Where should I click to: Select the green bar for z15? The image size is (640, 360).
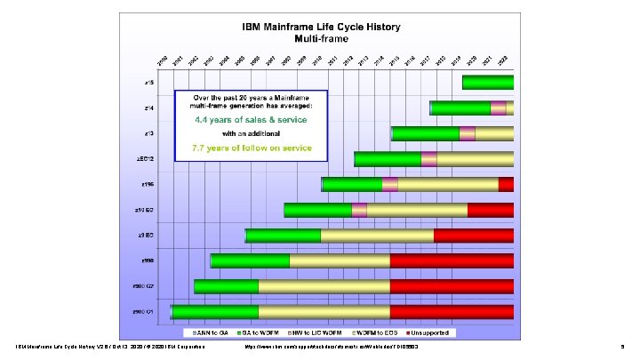pos(487,83)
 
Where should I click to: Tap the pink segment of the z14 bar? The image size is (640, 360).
pos(498,108)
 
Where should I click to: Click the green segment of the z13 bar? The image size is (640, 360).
pos(425,133)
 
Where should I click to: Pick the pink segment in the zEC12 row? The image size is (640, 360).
pos(428,159)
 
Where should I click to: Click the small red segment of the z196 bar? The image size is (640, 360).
pos(506,184)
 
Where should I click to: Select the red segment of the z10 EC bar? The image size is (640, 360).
pos(490,210)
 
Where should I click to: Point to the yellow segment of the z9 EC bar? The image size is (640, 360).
pos(377,236)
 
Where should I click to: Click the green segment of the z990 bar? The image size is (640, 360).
pos(250,260)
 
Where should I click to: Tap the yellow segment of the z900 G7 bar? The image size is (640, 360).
pos(324,286)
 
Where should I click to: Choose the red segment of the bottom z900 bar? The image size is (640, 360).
pos(452,312)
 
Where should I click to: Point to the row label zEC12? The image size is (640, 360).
pos(147,159)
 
